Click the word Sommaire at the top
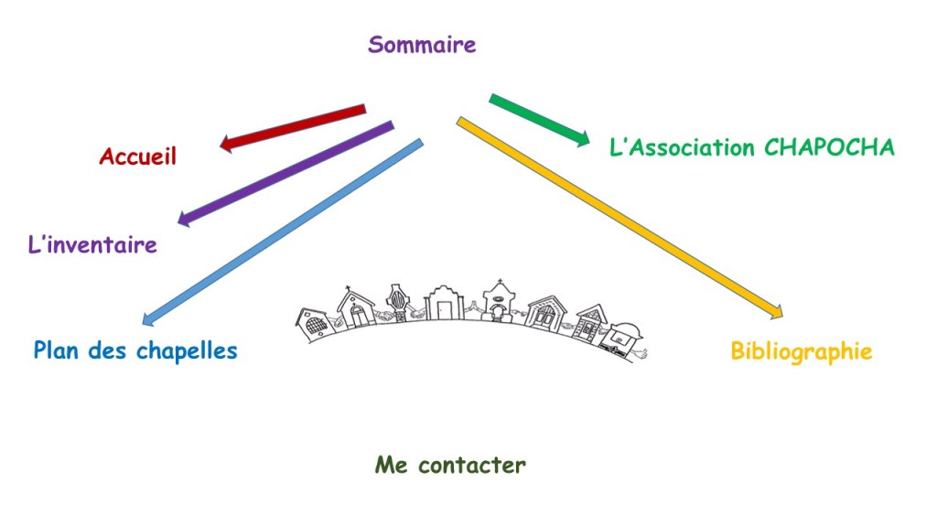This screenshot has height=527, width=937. [422, 44]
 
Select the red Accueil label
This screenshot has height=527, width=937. [137, 156]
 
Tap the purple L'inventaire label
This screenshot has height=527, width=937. [92, 245]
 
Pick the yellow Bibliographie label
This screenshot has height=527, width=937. [801, 351]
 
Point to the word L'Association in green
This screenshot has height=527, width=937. [681, 147]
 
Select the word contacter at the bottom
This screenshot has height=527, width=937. [472, 465]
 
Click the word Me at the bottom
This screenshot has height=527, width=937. [392, 465]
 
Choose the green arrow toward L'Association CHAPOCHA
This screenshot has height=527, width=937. [540, 119]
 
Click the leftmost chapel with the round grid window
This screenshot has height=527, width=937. [313, 322]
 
